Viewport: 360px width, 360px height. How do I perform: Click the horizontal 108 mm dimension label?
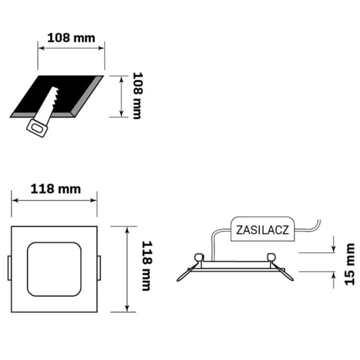click(71, 38)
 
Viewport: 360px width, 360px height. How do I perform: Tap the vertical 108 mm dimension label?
click(138, 96)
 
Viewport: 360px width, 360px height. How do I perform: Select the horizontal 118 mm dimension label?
click(56, 189)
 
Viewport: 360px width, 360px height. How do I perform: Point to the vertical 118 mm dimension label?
click(147, 266)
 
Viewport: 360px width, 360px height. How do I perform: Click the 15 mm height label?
click(349, 264)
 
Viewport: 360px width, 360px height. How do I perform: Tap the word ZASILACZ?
click(263, 230)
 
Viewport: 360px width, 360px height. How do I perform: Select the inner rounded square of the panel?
click(54, 269)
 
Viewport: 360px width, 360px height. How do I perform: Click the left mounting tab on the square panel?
click(10, 268)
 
